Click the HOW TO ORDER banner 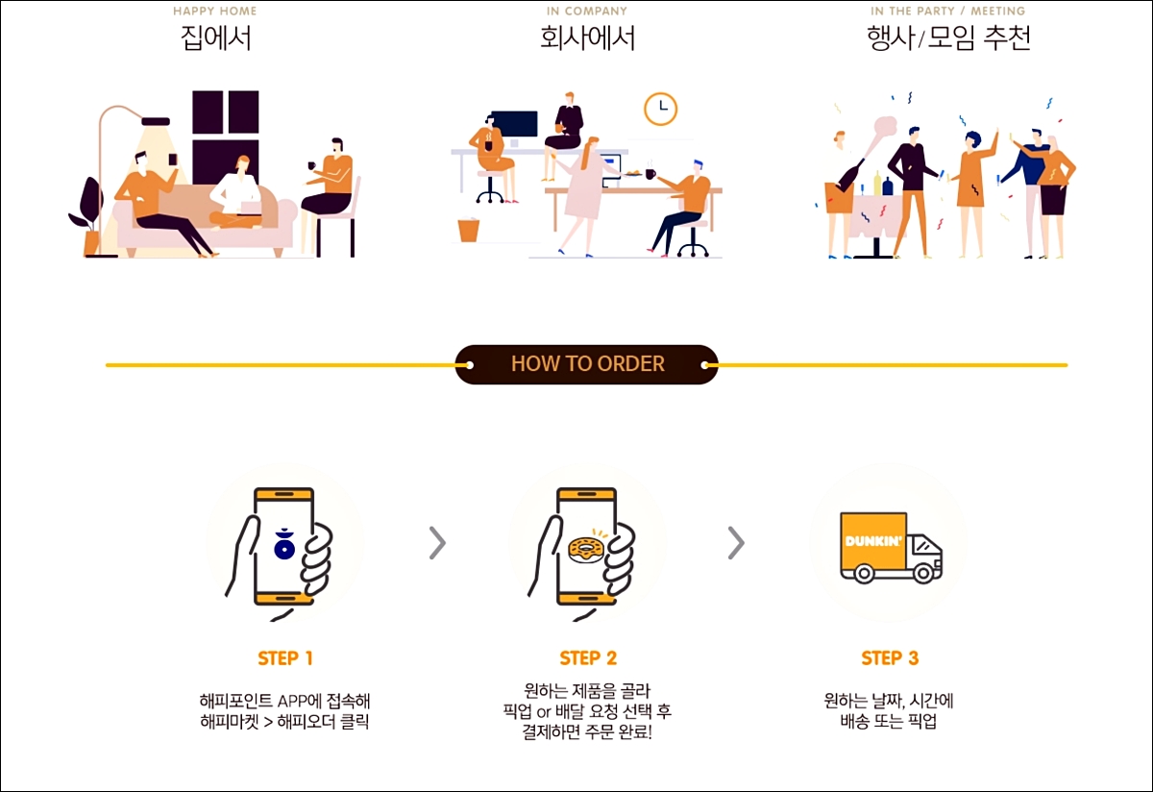(x=586, y=364)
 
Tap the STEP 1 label (x=285, y=658)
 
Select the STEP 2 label (x=588, y=658)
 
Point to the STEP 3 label (x=890, y=658)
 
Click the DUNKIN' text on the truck (x=873, y=541)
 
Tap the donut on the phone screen (x=586, y=550)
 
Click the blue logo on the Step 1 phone (x=284, y=544)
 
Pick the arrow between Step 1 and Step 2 (x=437, y=543)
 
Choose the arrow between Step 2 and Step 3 (x=736, y=543)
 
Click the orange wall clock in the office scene (x=660, y=109)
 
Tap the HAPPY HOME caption (x=214, y=11)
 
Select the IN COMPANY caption (x=587, y=11)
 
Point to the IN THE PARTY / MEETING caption (x=947, y=11)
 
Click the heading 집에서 (x=215, y=38)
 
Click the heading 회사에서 (x=587, y=38)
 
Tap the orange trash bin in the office (x=469, y=230)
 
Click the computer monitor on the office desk (x=514, y=124)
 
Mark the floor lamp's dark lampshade (x=156, y=121)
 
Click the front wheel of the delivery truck (x=923, y=573)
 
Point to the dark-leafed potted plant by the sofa (x=87, y=215)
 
